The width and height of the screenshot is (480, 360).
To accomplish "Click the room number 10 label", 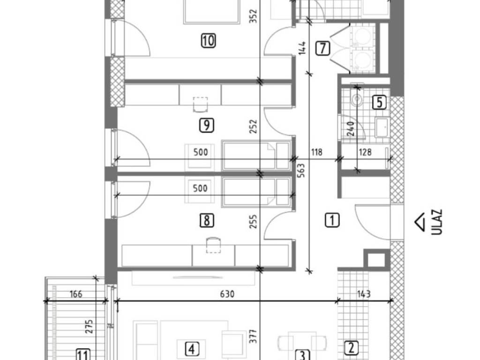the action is (208, 40).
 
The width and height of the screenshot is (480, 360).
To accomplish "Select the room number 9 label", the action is (206, 125).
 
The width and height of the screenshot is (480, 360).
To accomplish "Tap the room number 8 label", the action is (207, 220).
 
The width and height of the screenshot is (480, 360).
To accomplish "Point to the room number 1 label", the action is (332, 220).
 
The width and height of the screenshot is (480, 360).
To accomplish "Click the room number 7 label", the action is (322, 48).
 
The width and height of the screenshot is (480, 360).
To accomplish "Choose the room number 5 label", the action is (379, 102).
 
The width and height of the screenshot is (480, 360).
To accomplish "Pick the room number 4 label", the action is (192, 349).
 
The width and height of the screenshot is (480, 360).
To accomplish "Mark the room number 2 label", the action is (351, 348).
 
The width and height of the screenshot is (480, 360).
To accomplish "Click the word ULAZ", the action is (437, 222).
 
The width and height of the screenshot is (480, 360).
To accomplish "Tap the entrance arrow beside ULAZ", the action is (420, 222).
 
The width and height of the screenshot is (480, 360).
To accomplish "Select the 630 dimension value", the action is (227, 294).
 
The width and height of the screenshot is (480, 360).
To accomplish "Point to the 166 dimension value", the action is (76, 294).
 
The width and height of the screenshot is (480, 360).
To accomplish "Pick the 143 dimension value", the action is (364, 294).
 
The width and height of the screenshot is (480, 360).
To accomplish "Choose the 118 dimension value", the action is (316, 152).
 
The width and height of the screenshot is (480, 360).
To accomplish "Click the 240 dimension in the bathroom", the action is (351, 129).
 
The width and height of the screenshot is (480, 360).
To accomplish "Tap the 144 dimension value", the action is (302, 48).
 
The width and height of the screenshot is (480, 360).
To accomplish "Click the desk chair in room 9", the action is (201, 105).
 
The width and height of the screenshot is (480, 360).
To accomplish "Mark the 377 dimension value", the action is (253, 336).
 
